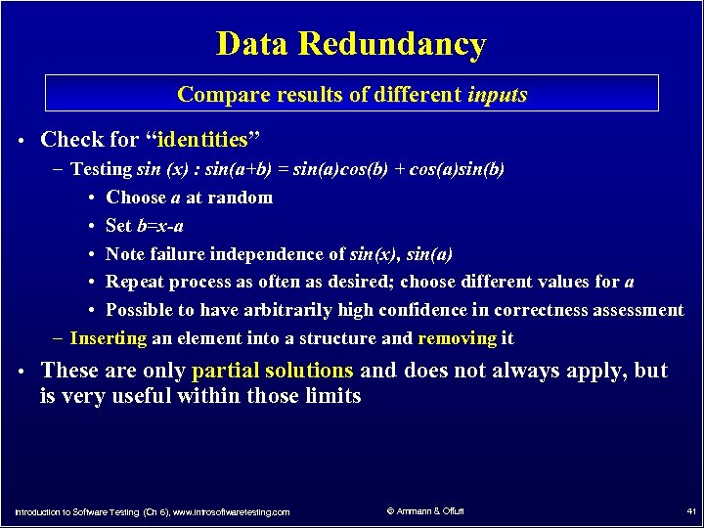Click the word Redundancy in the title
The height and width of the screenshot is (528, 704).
(392, 45)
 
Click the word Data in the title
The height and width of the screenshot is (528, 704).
(253, 45)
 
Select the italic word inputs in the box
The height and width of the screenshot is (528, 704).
(498, 95)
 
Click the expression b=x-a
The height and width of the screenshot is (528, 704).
(159, 226)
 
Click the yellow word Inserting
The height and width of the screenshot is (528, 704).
(109, 339)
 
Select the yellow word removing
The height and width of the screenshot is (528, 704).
(457, 339)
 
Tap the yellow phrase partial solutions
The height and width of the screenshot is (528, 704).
(273, 371)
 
